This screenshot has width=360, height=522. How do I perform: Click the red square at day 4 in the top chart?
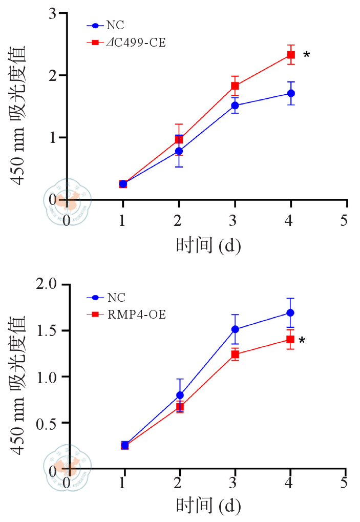(x=291, y=54)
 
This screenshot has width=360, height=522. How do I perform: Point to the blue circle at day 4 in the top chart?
(x=291, y=93)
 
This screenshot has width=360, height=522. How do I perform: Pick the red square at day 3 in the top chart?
(x=235, y=86)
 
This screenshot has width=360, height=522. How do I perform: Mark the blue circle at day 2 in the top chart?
(x=179, y=151)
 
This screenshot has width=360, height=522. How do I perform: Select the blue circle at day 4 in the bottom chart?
(x=290, y=312)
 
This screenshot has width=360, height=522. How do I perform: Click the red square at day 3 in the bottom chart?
(x=235, y=354)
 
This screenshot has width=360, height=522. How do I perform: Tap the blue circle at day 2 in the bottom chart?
(x=180, y=395)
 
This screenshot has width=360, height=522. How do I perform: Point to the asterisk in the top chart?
(x=306, y=55)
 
